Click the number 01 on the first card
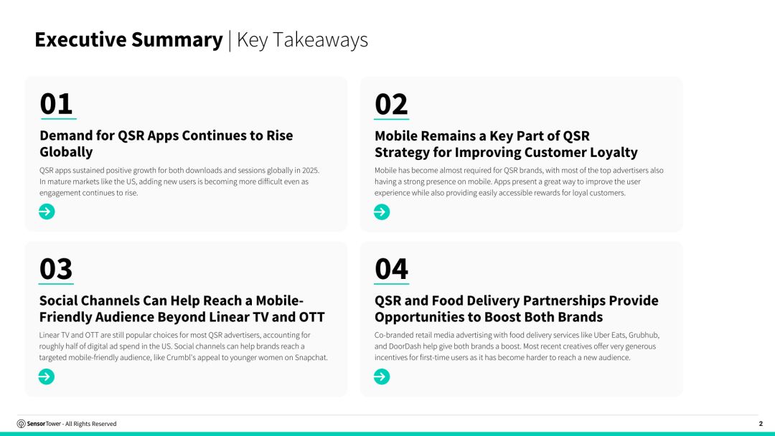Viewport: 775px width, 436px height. pyautogui.click(x=57, y=104)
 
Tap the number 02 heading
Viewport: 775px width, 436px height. pyautogui.click(x=391, y=104)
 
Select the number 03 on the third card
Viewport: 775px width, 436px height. pyautogui.click(x=56, y=269)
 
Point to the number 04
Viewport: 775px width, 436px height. pyautogui.click(x=392, y=269)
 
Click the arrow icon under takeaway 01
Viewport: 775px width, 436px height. pyautogui.click(x=47, y=212)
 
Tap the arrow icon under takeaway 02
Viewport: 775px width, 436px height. pyautogui.click(x=382, y=212)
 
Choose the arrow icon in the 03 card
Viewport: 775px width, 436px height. pyautogui.click(x=47, y=376)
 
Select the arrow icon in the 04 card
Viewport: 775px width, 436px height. pyautogui.click(x=382, y=376)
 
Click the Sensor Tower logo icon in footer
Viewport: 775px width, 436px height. pyautogui.click(x=22, y=424)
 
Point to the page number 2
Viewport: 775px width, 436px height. pyautogui.click(x=761, y=424)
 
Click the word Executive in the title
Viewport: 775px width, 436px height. pyautogui.click(x=80, y=39)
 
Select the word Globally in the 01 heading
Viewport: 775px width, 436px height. pyautogui.click(x=66, y=151)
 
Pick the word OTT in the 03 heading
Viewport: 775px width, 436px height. pyautogui.click(x=312, y=316)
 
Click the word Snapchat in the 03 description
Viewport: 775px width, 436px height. pyautogui.click(x=311, y=358)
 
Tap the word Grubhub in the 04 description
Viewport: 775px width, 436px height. pyautogui.click(x=644, y=335)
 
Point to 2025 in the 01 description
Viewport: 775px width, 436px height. pyautogui.click(x=311, y=171)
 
